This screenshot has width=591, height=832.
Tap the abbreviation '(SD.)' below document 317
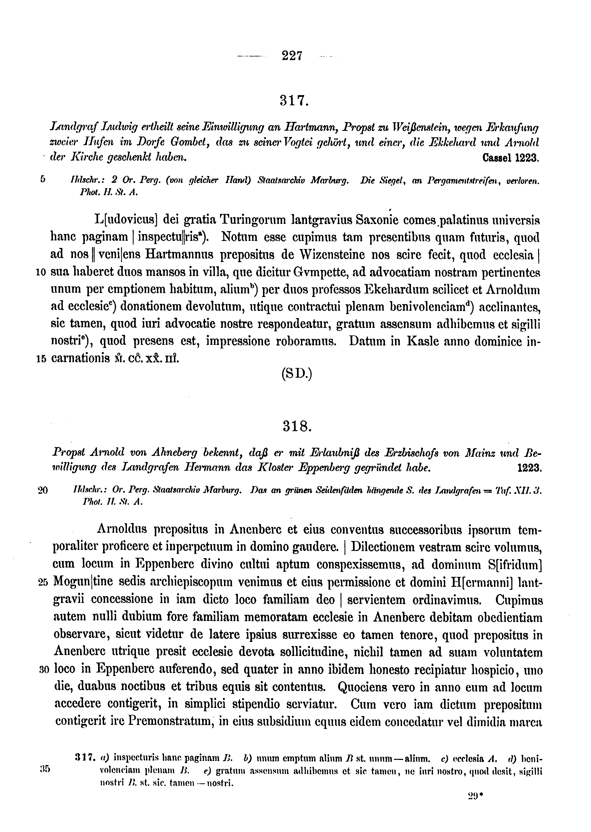297,375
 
